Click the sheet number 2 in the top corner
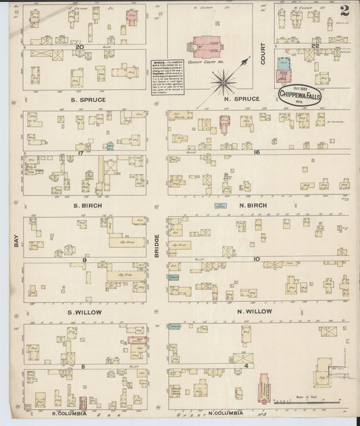[x=345, y=10]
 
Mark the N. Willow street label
[x=254, y=311]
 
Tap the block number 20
[x=79, y=47]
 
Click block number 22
[x=315, y=46]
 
